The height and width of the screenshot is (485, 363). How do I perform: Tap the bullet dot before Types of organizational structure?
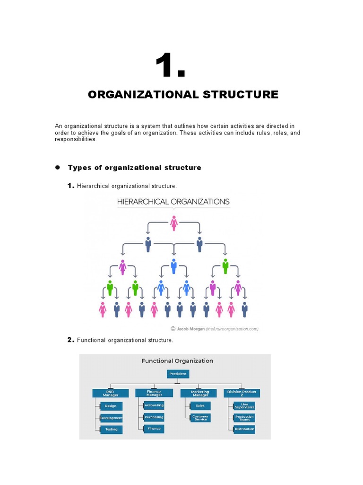click(x=58, y=167)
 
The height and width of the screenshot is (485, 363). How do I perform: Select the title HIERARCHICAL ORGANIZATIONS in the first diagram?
click(x=173, y=201)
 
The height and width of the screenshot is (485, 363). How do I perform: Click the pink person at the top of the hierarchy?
click(x=174, y=223)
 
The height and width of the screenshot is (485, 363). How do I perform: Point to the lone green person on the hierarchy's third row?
click(x=225, y=266)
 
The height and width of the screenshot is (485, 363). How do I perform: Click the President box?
click(x=178, y=374)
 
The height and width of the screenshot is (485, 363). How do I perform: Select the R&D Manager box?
click(x=110, y=393)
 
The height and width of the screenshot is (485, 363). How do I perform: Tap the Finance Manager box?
click(x=154, y=393)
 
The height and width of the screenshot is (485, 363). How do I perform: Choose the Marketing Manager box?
click(x=199, y=393)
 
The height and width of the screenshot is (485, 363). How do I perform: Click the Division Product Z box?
click(x=242, y=393)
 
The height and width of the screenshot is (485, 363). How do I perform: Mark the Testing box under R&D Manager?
click(x=112, y=429)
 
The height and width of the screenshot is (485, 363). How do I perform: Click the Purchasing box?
click(x=154, y=417)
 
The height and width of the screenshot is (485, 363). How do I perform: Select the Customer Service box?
click(x=200, y=418)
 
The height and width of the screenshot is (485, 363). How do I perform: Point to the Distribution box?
click(x=244, y=429)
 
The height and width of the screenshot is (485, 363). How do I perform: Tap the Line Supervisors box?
click(x=244, y=406)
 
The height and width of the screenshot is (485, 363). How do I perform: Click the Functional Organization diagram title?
click(x=177, y=361)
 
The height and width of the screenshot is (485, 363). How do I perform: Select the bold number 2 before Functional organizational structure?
click(x=70, y=340)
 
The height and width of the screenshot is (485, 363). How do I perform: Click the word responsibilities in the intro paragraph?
click(x=76, y=140)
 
